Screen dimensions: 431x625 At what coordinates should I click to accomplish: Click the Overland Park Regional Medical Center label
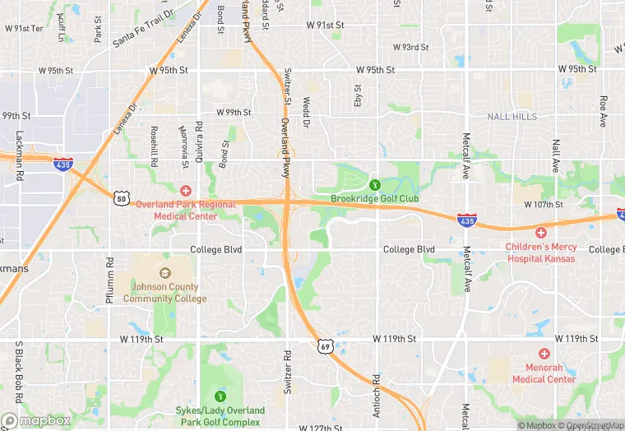pyautogui.click(x=186, y=210)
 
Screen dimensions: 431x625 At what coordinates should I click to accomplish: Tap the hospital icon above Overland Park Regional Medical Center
pyautogui.click(x=186, y=191)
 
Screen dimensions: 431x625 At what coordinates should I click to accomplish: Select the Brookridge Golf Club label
pyautogui.click(x=375, y=199)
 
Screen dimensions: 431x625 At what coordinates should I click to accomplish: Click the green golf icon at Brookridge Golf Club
pyautogui.click(x=375, y=185)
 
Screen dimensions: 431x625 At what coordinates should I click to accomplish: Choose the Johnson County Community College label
pyautogui.click(x=161, y=293)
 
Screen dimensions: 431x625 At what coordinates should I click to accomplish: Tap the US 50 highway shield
pyautogui.click(x=122, y=198)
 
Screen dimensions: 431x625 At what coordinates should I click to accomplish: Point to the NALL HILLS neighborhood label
pyautogui.click(x=512, y=117)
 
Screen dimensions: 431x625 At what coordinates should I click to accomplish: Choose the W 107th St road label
pyautogui.click(x=541, y=205)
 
